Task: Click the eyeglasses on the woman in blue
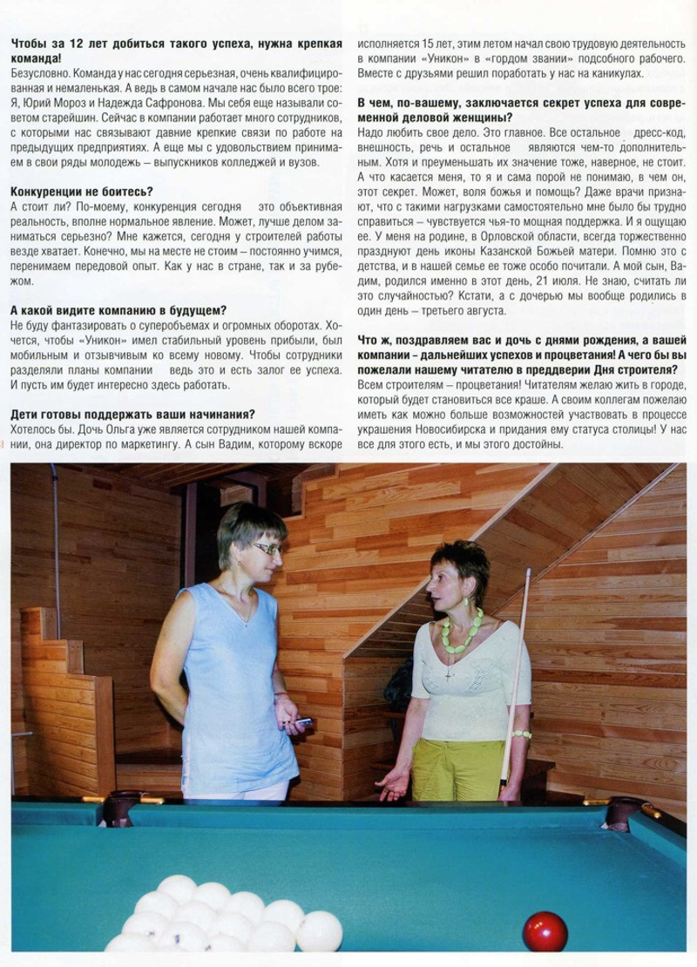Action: coord(266,548)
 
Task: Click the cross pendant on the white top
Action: coord(449,673)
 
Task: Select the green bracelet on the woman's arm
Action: coord(522,734)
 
